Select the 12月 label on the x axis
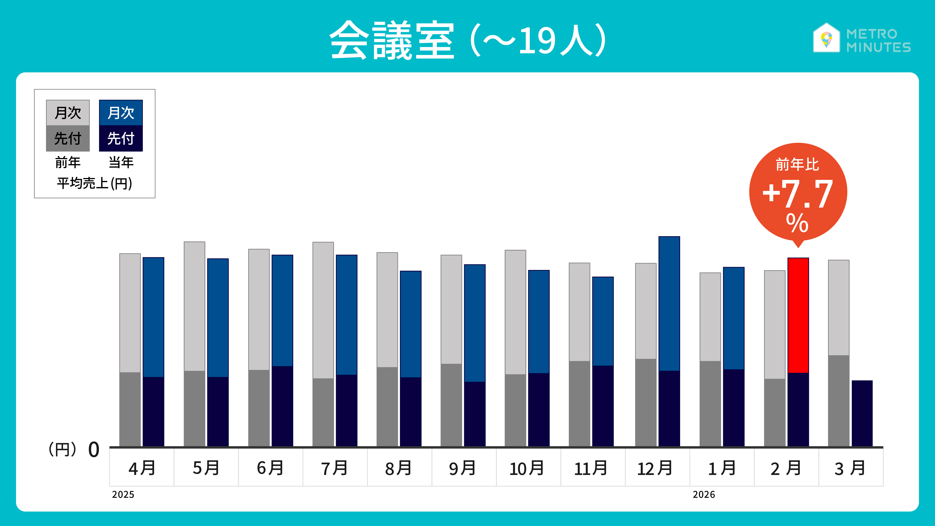655,468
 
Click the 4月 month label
142,468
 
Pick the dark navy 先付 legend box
121,138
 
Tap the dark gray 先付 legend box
68,138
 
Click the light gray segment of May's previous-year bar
194,306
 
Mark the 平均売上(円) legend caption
94,183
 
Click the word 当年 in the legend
121,162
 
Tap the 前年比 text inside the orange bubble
797,164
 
